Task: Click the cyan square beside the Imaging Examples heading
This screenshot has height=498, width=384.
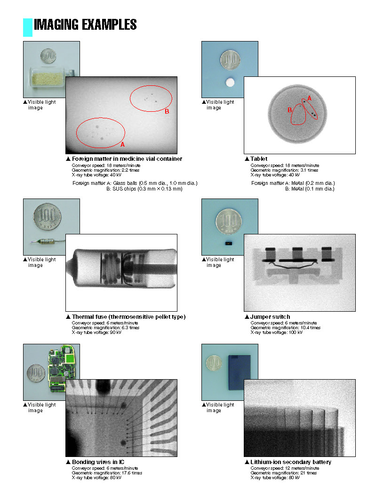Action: tap(28, 27)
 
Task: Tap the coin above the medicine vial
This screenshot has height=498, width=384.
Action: tap(48, 56)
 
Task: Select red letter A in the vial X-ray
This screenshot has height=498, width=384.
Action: tap(122, 144)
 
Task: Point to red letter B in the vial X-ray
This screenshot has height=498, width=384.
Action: tap(167, 111)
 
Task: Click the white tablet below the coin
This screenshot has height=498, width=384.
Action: tap(230, 83)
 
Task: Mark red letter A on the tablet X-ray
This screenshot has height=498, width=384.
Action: tap(310, 99)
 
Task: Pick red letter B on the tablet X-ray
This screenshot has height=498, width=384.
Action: tap(289, 110)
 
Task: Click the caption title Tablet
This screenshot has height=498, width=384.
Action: tap(259, 159)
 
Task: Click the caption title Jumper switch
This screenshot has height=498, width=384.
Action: tap(270, 316)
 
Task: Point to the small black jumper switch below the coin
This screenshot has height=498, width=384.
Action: tap(228, 243)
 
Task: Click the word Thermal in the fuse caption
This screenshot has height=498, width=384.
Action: tap(82, 316)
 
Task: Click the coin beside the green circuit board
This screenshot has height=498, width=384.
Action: tap(36, 373)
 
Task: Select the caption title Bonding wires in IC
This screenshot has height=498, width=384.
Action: tap(98, 462)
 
